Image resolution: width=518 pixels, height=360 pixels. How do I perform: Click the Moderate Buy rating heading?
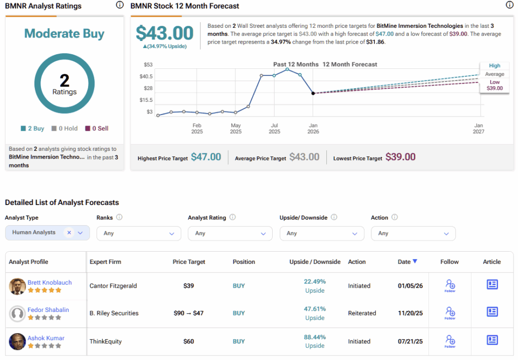64,33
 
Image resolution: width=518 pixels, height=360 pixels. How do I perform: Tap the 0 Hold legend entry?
64,128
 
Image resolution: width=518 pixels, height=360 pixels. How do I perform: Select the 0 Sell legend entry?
97,128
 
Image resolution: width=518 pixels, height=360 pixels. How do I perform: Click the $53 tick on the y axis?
148,64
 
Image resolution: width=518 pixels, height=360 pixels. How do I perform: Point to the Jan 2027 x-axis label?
479,128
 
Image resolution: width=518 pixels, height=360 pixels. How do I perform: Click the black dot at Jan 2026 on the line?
313,93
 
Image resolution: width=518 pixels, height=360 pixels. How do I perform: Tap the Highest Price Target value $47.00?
206,156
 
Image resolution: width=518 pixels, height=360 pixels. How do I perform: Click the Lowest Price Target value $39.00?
401,156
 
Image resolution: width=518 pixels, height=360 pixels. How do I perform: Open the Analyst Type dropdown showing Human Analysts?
47,233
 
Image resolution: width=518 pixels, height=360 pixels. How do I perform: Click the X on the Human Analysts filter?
69,232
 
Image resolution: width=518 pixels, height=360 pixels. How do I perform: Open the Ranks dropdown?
139,233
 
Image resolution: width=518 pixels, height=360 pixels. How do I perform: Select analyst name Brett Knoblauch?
50,283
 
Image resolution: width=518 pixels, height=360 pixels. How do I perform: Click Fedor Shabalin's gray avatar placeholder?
17,313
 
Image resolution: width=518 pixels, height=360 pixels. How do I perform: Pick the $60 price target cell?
189,341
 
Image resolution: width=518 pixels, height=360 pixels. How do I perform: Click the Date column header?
407,261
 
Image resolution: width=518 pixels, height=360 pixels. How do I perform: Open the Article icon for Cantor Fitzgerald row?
492,285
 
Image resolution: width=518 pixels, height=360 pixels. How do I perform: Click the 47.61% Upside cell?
315,313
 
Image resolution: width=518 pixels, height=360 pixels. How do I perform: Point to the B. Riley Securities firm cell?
114,313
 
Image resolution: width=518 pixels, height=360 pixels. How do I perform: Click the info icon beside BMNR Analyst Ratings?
120,5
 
